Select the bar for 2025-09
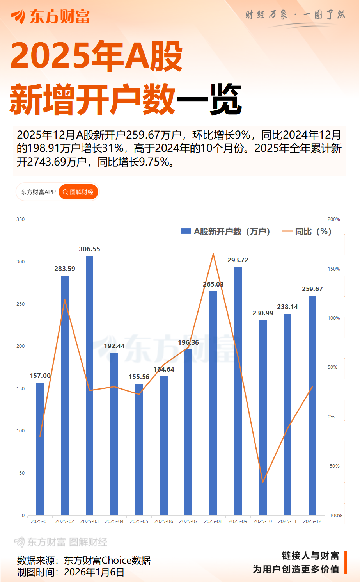pyautogui.click(x=238, y=391)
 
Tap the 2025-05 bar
pyautogui.click(x=139, y=449)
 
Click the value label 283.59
pyautogui.click(x=65, y=269)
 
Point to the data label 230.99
pyautogui.click(x=263, y=313)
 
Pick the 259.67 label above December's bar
pyautogui.click(x=312, y=289)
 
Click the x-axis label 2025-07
pyautogui.click(x=188, y=521)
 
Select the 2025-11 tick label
pyautogui.click(x=287, y=521)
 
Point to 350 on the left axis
pyautogui.click(x=21, y=219)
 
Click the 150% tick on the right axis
pyautogui.click(x=333, y=269)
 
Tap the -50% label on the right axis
pyautogui.click(x=333, y=466)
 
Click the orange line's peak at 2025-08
pyautogui.click(x=213, y=254)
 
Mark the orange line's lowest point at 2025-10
pyautogui.click(x=263, y=482)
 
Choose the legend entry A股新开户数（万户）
pyautogui.click(x=226, y=231)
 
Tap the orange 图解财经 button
pyautogui.click(x=78, y=192)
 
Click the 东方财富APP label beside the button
pyautogui.click(x=38, y=192)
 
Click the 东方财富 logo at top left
pyautogui.click(x=50, y=16)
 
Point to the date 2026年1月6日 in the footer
pyautogui.click(x=94, y=572)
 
